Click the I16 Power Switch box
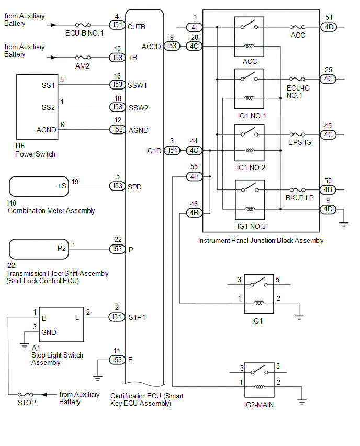(37, 107)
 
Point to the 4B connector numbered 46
(194, 213)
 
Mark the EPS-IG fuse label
(299, 142)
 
